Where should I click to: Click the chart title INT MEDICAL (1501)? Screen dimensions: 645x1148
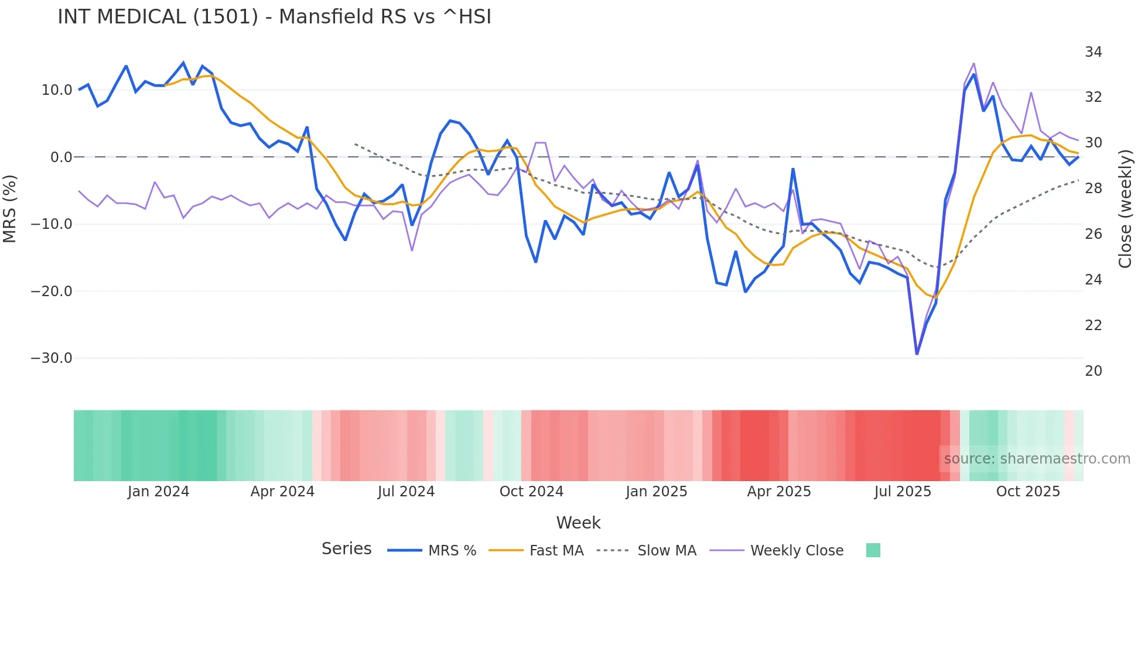coord(274,16)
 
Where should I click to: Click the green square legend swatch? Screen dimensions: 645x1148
coord(873,550)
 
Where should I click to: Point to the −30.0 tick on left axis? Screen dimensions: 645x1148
coord(52,358)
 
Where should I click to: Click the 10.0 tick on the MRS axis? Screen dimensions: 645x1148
coord(57,90)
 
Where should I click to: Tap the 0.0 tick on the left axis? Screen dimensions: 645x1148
coord(61,157)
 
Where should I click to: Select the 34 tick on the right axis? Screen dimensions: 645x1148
coord(1093,52)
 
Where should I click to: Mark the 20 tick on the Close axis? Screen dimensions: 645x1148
coord(1093,371)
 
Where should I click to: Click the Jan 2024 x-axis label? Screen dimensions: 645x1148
coord(158,492)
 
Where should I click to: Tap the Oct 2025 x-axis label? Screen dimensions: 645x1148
coord(1028,492)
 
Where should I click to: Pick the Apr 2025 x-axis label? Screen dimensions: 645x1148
coord(778,492)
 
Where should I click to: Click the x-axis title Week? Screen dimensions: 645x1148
coord(578,523)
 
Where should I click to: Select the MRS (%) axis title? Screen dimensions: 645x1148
coord(10,208)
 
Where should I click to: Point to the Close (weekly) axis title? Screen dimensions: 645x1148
coord(1125,208)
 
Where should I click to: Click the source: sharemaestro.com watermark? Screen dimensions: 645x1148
coord(1037,459)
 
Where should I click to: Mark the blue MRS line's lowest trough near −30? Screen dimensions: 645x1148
coord(917,354)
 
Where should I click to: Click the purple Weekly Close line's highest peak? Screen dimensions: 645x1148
coord(973,63)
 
